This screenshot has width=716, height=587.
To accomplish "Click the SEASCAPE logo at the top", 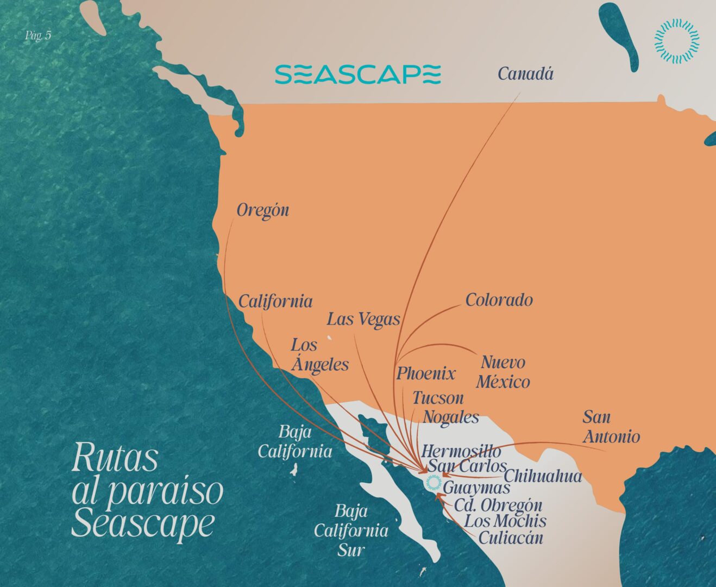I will point(357,74).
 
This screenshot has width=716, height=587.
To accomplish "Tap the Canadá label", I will point(525,74).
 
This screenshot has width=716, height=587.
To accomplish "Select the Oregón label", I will point(263,211).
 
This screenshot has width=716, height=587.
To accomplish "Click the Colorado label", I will point(499,300).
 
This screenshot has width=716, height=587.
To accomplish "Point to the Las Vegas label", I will point(363,319).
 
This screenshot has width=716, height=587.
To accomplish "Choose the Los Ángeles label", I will point(319,354).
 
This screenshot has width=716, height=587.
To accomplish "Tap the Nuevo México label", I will point(503,372).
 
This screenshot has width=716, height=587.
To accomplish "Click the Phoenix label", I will point(425,374).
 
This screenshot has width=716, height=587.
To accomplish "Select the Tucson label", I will point(438,398).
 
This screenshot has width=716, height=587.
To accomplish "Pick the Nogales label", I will point(451,417).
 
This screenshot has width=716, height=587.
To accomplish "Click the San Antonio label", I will point(611,427).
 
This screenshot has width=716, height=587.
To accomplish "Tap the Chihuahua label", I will point(543,476).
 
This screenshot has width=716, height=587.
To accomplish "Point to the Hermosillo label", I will point(461,451).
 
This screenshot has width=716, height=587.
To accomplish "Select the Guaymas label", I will point(476,488).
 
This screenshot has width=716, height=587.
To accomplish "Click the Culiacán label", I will point(510,538).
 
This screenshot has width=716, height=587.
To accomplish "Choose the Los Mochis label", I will point(505,521).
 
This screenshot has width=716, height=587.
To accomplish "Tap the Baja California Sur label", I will point(351,530).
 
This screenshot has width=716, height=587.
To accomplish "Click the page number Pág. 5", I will point(38,36).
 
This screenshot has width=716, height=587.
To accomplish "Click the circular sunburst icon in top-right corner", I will point(676,40).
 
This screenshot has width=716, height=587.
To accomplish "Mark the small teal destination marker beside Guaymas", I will point(433,483).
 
